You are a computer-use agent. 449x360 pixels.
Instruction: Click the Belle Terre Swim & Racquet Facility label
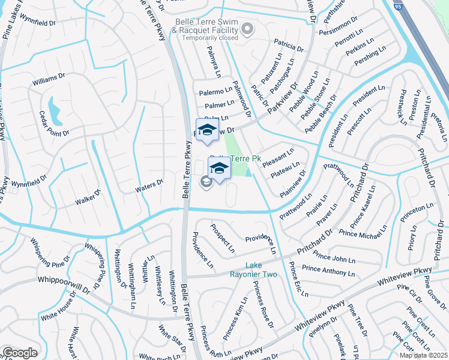tap(206, 26)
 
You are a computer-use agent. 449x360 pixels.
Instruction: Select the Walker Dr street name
tap(88, 197)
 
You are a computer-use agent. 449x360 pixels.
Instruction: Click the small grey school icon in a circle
tap(206, 183)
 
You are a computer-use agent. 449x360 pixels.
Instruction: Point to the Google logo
tap(20, 352)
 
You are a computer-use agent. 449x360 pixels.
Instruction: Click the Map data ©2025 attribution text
tap(423, 355)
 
